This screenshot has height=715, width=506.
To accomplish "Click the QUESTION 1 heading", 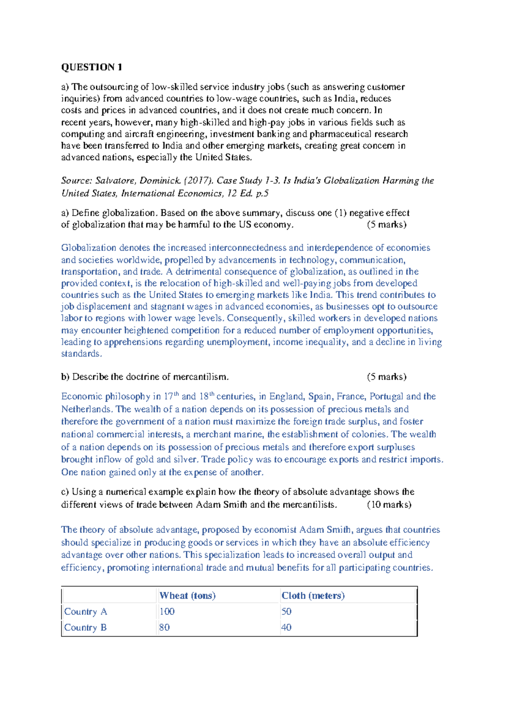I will pyautogui.click(x=92, y=67).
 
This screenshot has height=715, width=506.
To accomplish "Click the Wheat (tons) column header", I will pyautogui.click(x=187, y=595).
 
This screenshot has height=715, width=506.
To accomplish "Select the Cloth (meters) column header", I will pyautogui.click(x=313, y=595).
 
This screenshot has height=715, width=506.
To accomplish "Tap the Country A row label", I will pyautogui.click(x=86, y=611).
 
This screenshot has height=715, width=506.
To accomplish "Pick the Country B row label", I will pyautogui.click(x=85, y=627).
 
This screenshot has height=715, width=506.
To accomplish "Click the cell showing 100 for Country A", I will pyautogui.click(x=167, y=611).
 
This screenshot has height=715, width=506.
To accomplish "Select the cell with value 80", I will pyautogui.click(x=164, y=627).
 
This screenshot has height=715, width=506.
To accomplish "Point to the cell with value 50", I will pyautogui.click(x=286, y=611).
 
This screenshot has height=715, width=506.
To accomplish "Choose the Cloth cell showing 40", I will pyautogui.click(x=286, y=627).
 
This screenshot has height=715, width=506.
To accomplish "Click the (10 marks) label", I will pyautogui.click(x=389, y=504).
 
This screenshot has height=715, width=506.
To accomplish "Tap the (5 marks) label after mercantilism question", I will pyautogui.click(x=386, y=376).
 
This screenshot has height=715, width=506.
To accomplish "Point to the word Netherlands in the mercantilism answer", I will pyautogui.click(x=86, y=409).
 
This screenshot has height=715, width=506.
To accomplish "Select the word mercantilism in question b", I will pyautogui.click(x=200, y=376).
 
